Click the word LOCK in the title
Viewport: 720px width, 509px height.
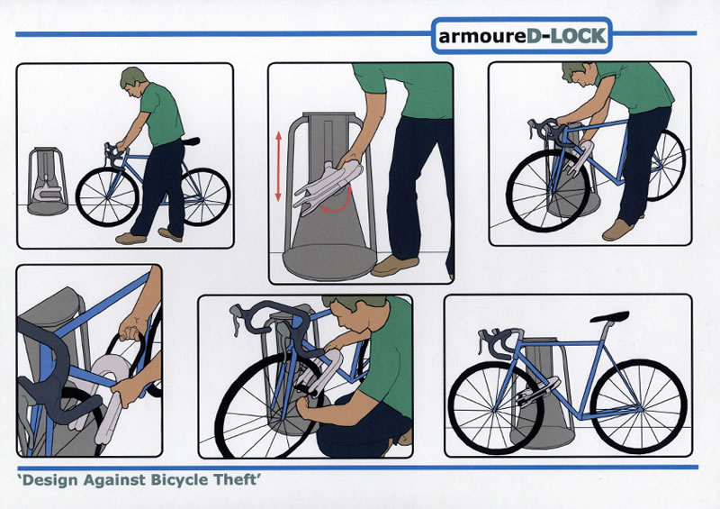[578, 36]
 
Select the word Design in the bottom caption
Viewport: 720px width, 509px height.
[50, 480]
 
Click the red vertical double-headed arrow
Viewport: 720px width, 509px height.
[278, 166]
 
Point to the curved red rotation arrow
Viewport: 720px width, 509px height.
[337, 202]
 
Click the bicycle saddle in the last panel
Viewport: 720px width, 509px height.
[609, 317]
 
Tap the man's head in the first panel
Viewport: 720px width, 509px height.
[133, 81]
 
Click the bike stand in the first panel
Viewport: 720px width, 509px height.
[47, 181]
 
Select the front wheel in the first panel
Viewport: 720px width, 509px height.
[107, 196]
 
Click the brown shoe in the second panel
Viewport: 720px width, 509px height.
[394, 265]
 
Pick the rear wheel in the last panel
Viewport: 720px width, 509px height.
[638, 406]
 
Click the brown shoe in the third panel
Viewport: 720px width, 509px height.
[617, 230]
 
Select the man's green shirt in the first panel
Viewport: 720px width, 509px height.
[161, 114]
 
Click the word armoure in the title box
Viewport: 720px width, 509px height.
[482, 36]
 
